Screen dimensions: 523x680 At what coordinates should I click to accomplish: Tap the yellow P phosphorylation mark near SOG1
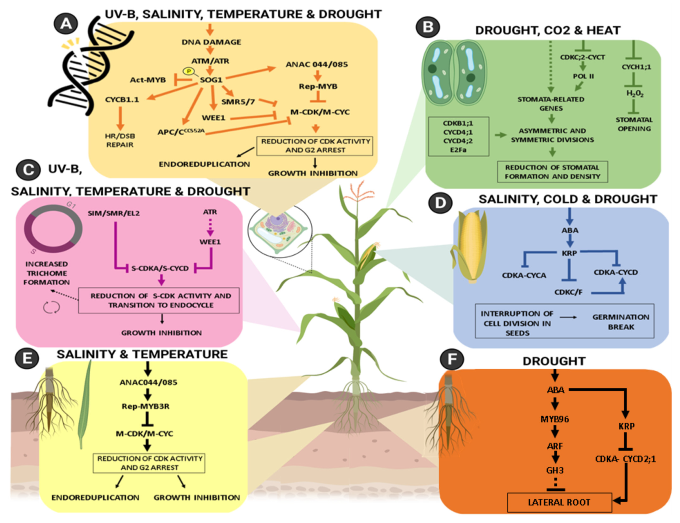188,71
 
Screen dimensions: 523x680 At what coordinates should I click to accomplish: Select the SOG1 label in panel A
211,80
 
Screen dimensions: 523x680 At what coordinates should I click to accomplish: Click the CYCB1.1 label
122,100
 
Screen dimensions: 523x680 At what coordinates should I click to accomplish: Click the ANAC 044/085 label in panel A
317,64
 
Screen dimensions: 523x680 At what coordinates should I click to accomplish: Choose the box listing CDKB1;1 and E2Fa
458,136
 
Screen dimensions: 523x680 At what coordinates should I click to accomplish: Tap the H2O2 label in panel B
634,93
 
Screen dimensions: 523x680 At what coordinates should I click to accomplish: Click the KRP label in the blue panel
569,253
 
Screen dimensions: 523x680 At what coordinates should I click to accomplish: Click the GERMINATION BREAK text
621,322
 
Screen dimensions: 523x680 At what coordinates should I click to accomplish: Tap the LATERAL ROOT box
559,502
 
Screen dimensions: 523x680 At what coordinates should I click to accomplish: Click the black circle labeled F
452,360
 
